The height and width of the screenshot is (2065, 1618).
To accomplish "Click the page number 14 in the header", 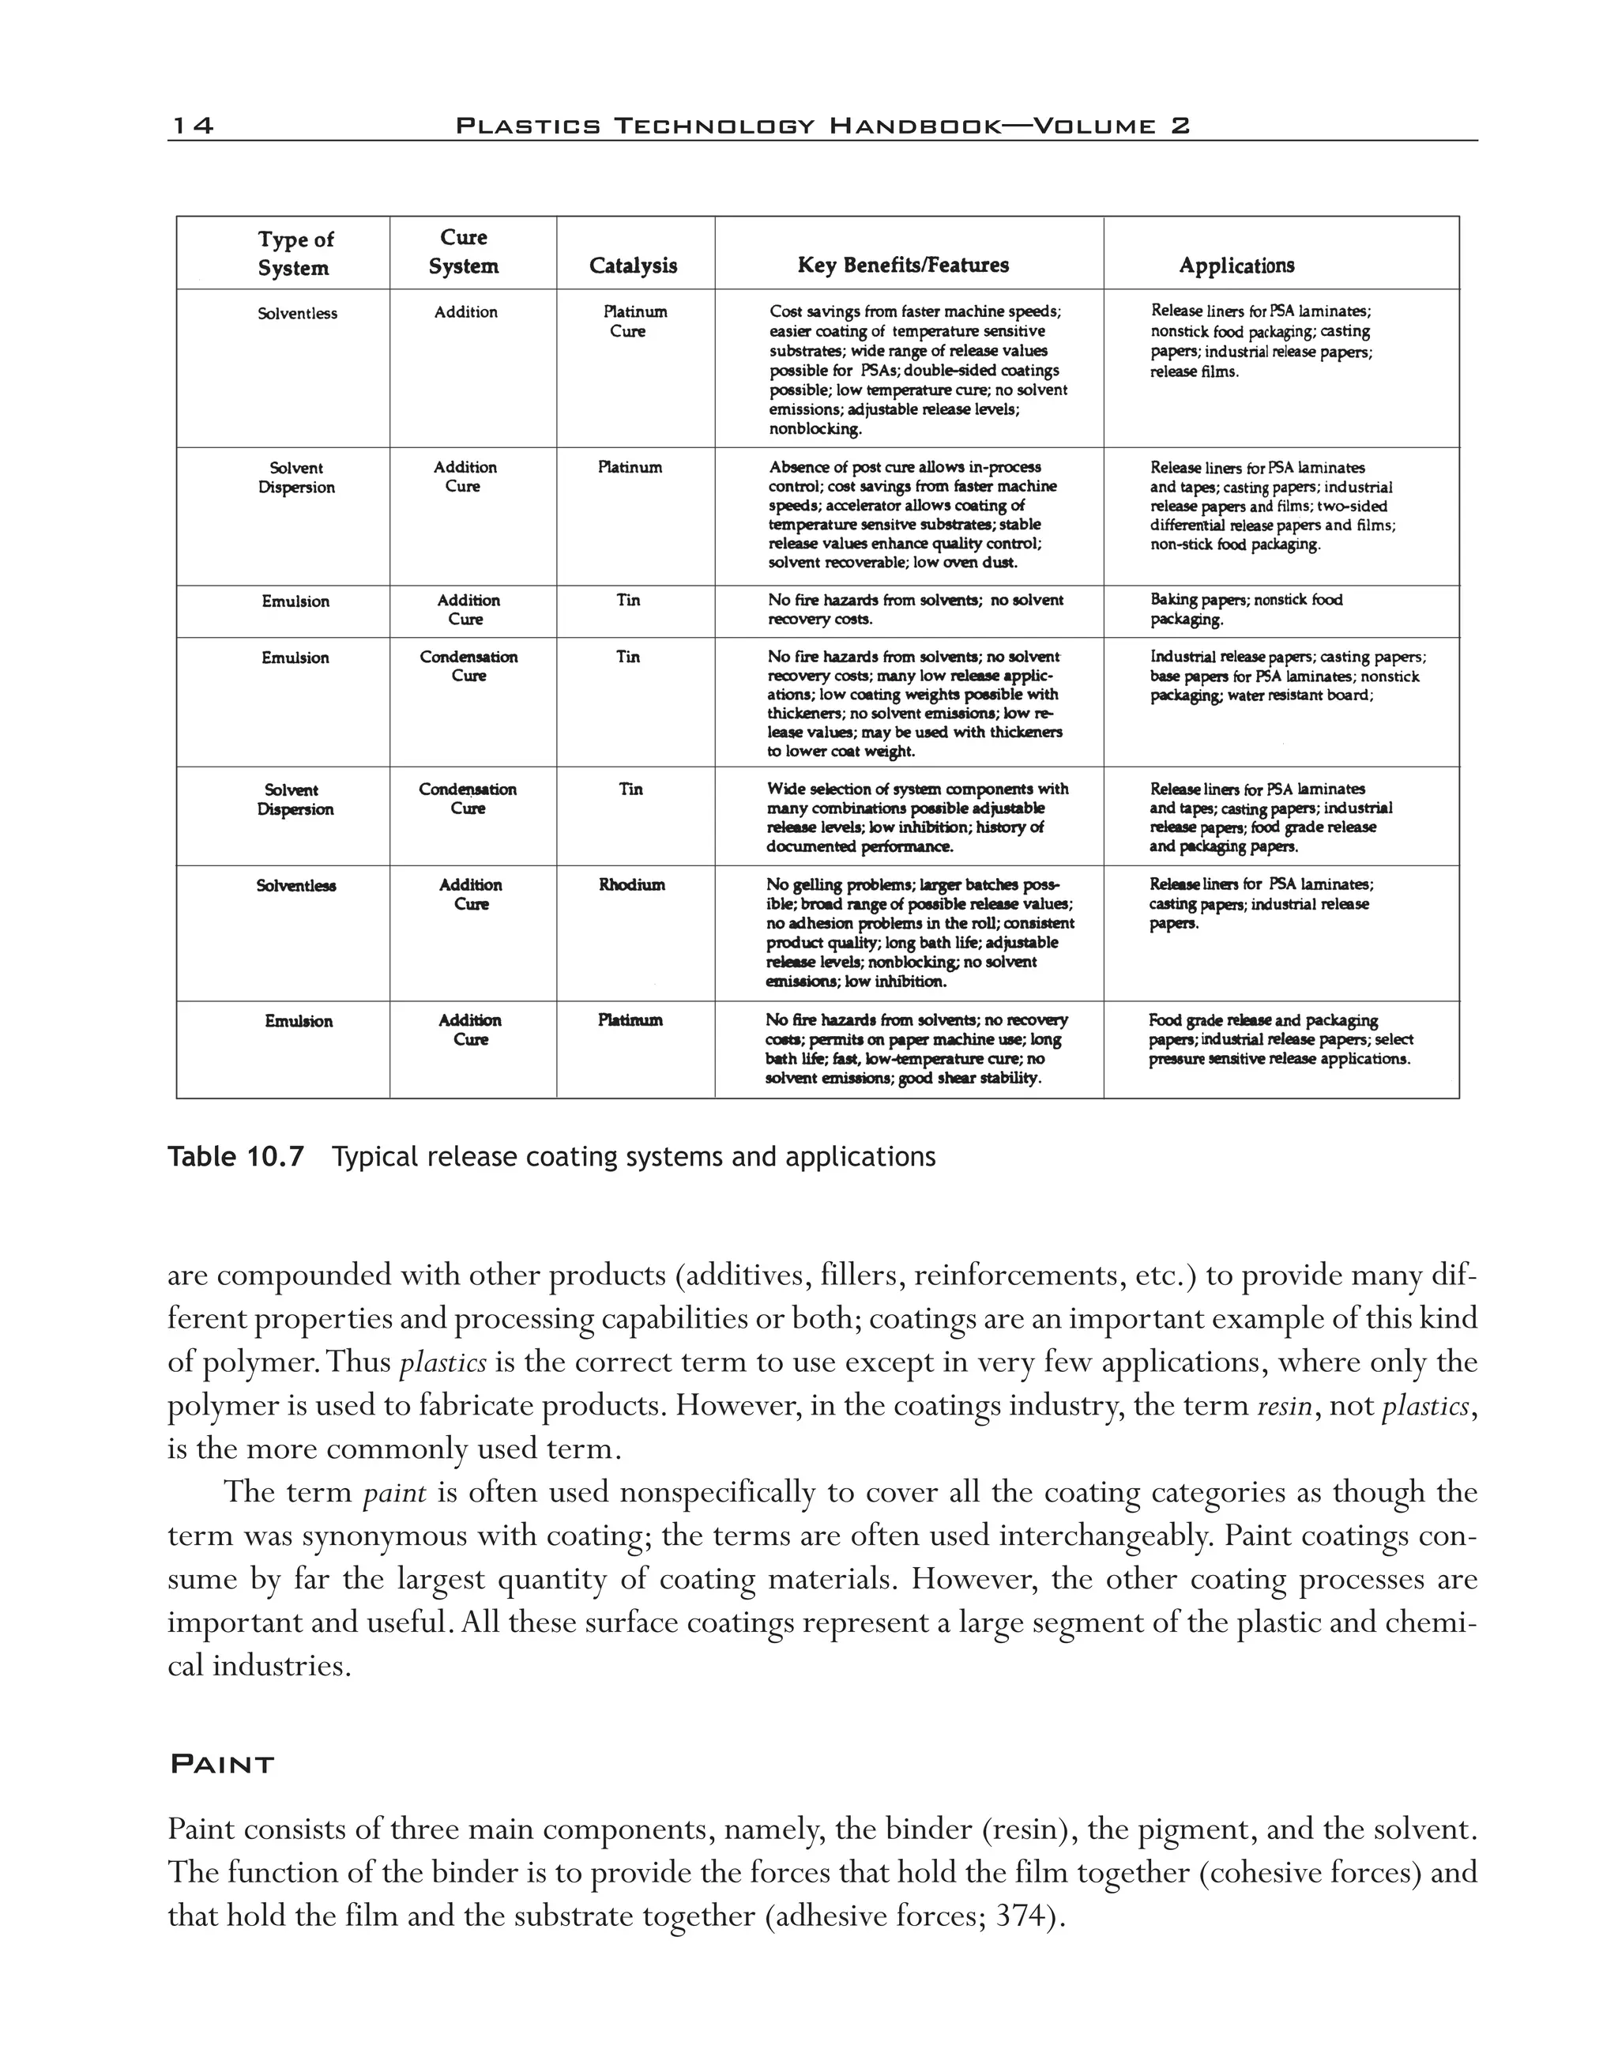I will [x=191, y=126].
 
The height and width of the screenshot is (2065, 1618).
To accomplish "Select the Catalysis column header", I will [x=633, y=266].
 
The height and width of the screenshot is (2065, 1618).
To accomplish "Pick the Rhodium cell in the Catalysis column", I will [x=632, y=885].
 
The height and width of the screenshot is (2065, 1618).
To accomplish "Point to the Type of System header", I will [x=295, y=254].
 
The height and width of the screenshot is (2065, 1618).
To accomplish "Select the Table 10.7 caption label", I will [x=236, y=1157].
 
